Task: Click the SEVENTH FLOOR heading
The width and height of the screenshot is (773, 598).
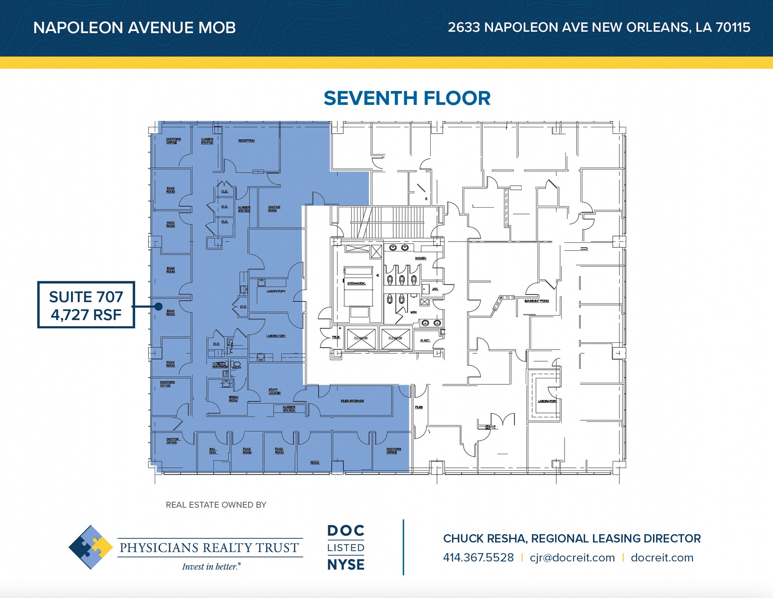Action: tap(407, 98)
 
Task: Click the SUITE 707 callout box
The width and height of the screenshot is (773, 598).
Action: tap(86, 305)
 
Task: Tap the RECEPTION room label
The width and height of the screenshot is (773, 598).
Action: tap(246, 140)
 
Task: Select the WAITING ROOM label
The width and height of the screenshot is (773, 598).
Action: tap(274, 209)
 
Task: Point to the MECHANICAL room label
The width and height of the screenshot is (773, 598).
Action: tap(356, 283)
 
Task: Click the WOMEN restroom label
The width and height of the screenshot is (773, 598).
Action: tap(420, 258)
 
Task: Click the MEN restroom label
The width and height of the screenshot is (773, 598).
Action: tap(413, 312)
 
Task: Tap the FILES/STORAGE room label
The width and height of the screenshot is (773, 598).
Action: tap(352, 401)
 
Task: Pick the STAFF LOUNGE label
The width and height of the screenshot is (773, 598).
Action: tap(274, 391)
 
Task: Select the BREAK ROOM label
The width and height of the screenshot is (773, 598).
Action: tap(233, 399)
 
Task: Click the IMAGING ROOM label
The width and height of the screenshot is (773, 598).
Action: tap(536, 301)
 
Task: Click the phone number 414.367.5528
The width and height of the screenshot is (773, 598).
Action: tap(478, 558)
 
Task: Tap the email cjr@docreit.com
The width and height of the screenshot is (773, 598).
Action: tap(572, 558)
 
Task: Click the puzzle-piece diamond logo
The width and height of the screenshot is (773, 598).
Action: tap(91, 547)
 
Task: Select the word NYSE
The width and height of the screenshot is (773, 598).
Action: tap(346, 565)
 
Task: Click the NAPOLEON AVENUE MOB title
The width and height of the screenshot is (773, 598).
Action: tap(134, 28)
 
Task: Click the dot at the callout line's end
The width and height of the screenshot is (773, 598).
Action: tap(159, 307)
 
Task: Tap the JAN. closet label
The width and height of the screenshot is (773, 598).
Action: tap(435, 289)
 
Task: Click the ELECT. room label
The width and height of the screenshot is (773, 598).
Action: tap(425, 341)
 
